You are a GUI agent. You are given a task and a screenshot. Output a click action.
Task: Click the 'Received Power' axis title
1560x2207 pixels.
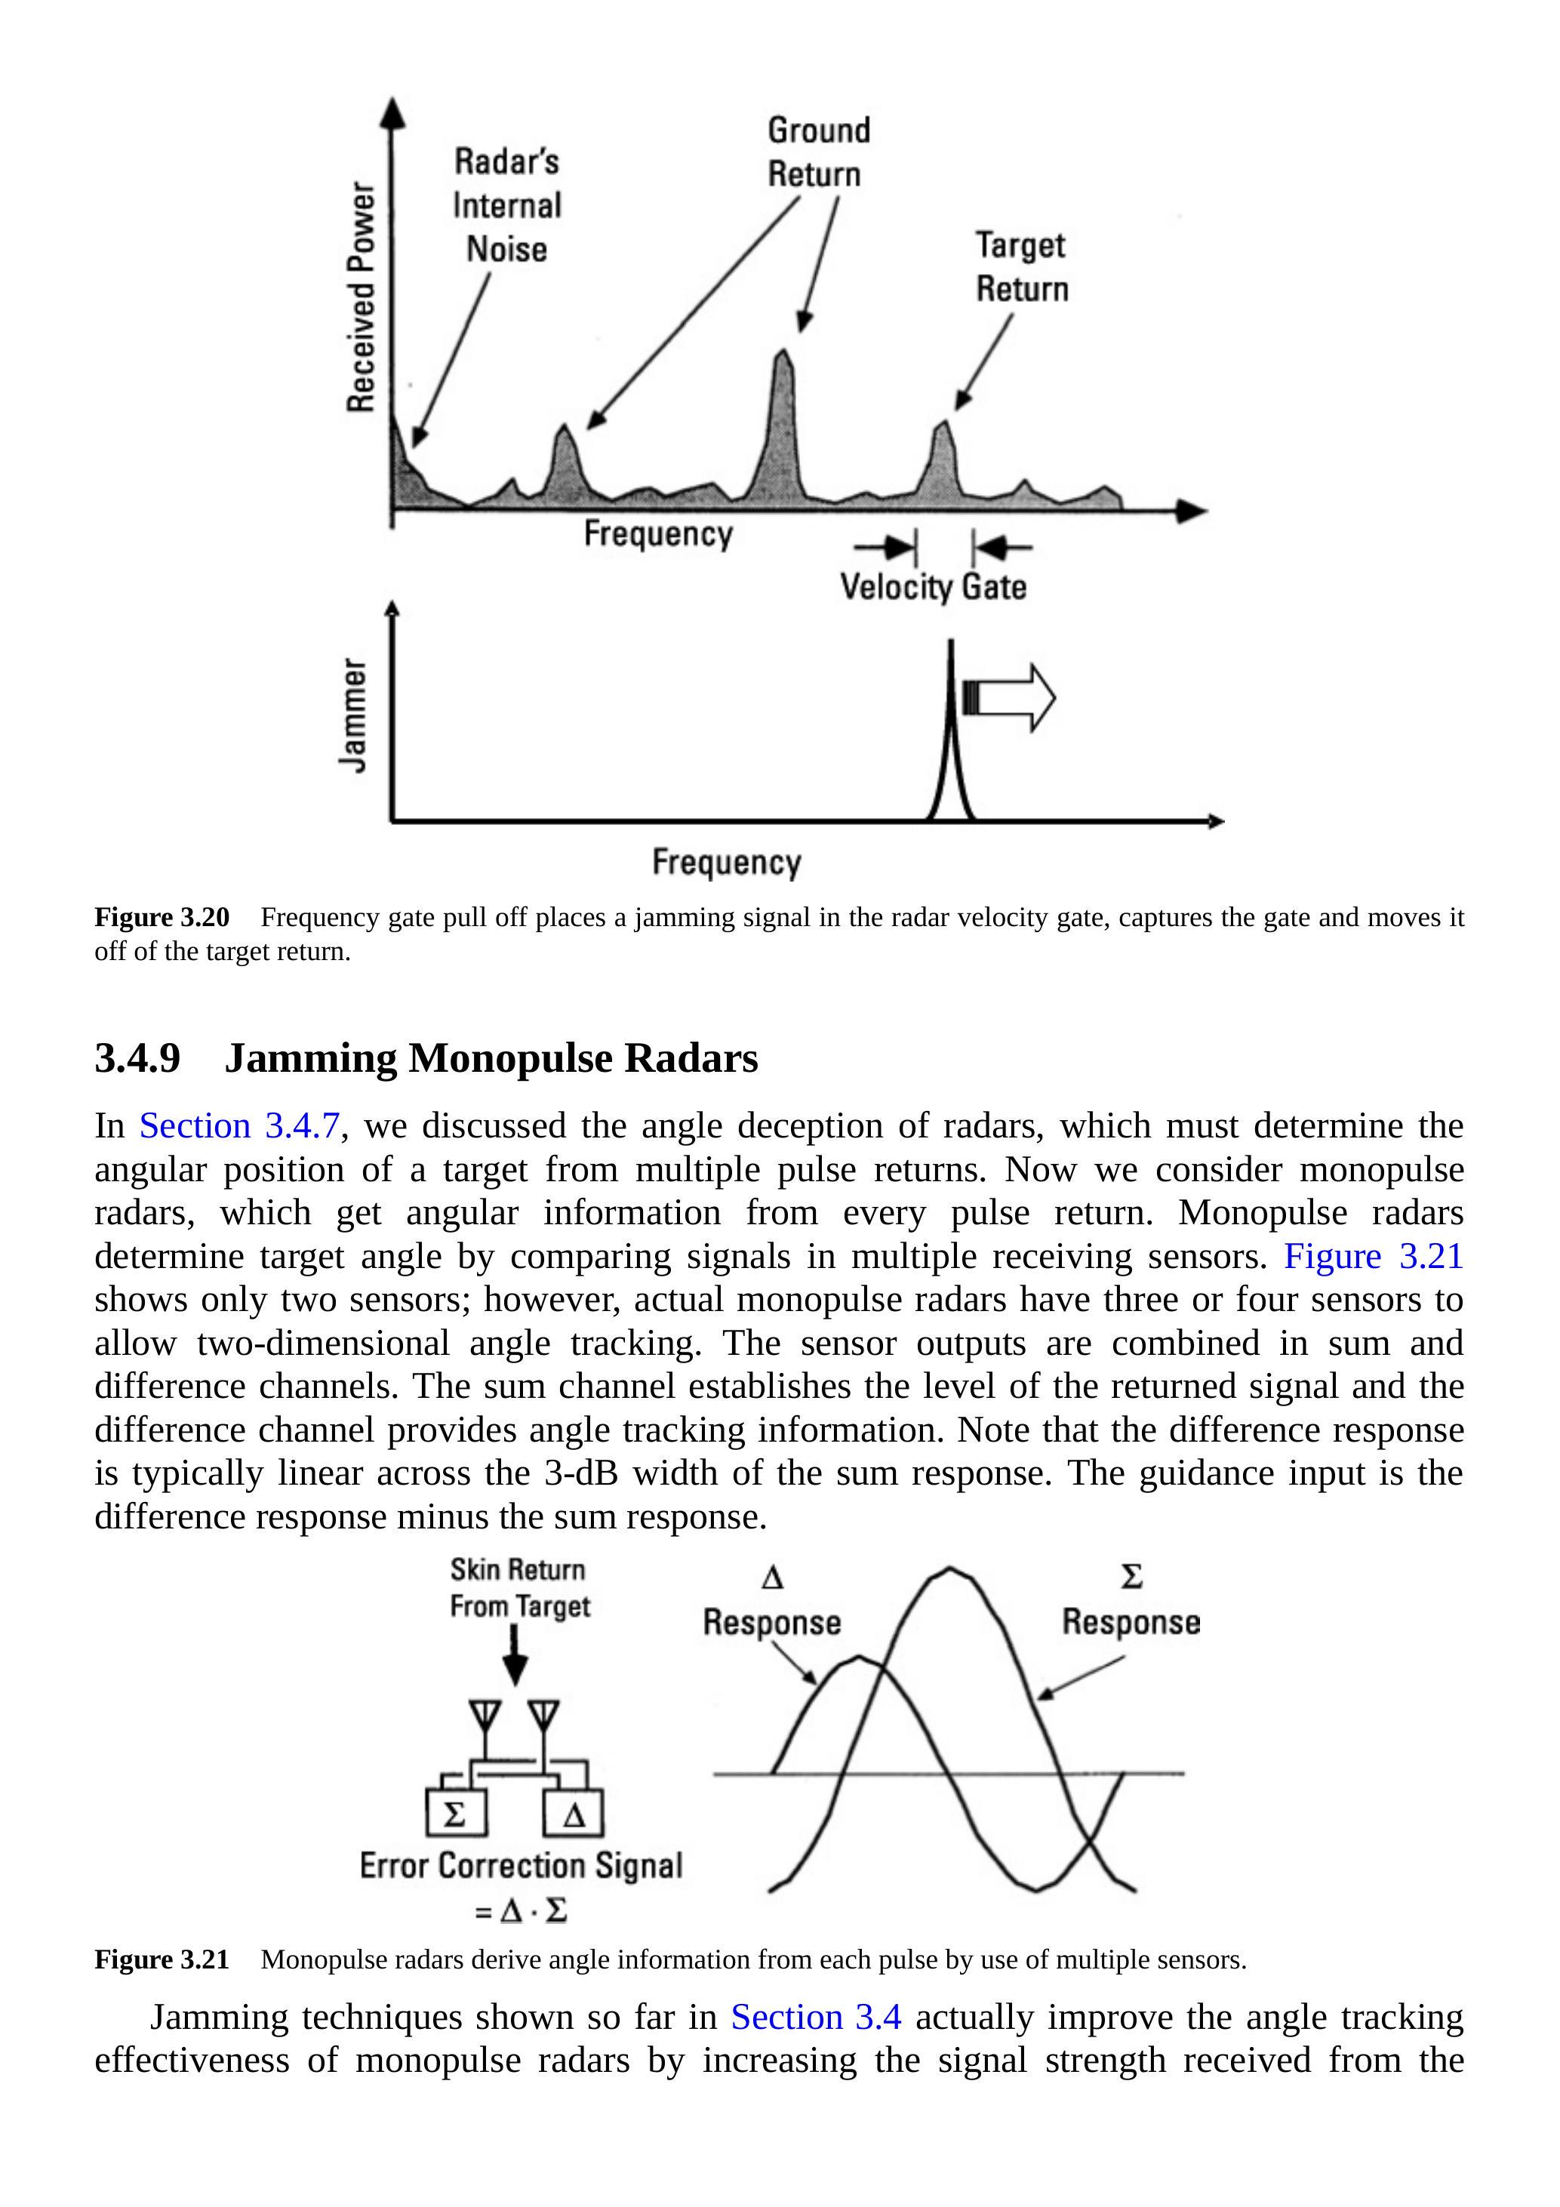click(361, 297)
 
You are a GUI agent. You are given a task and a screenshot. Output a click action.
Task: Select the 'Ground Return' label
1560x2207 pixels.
click(818, 152)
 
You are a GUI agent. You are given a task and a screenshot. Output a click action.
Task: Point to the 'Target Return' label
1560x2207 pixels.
click(1022, 266)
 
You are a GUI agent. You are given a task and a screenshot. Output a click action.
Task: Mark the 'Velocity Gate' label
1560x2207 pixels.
click(934, 586)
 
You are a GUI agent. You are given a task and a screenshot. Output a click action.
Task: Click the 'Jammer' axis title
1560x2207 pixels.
click(354, 714)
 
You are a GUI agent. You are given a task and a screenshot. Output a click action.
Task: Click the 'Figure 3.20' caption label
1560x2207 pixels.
click(162, 917)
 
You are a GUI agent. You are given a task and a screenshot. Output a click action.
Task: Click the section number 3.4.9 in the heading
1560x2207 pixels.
click(137, 1058)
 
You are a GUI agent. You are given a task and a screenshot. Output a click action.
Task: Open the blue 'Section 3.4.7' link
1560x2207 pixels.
click(239, 1125)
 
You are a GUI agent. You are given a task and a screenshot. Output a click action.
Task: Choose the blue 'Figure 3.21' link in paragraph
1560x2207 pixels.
click(1373, 1256)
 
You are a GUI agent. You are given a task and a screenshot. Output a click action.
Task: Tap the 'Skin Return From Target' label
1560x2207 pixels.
click(519, 1587)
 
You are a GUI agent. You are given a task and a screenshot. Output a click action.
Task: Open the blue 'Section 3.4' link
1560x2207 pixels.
click(815, 2017)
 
